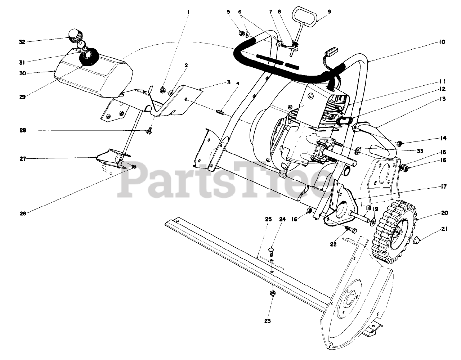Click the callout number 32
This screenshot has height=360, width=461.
click(22, 42)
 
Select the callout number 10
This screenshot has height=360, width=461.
click(442, 42)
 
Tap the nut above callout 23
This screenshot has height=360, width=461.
click(273, 293)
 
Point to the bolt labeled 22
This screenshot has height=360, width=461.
click(350, 229)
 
